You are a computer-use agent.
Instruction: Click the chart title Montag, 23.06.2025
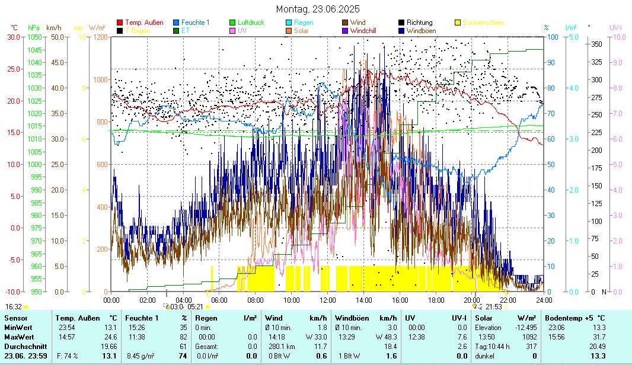[318, 9]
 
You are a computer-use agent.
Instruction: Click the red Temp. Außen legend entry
[144, 23]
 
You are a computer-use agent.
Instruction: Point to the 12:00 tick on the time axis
[328, 300]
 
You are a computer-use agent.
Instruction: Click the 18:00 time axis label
[436, 300]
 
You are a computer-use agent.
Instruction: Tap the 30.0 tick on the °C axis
[12, 37]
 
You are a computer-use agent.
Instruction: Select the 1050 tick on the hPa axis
[34, 37]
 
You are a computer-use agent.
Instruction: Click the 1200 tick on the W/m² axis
[100, 37]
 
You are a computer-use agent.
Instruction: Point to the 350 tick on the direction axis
[596, 44]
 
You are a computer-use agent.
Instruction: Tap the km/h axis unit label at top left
[53, 28]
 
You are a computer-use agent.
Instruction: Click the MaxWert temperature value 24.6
[110, 337]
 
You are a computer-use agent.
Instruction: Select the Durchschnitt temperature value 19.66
[108, 346]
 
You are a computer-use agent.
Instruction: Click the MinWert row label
[18, 327]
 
